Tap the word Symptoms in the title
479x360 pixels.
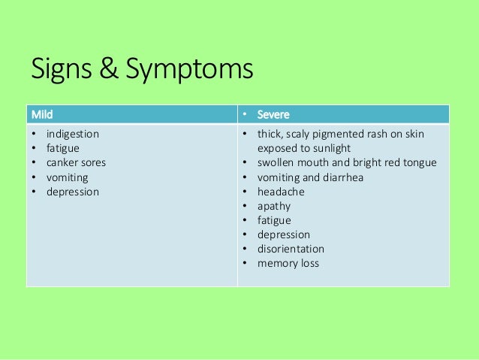coord(188,71)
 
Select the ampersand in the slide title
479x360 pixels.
coord(106,71)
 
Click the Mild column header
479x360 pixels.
coord(42,115)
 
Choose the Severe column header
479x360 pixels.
coord(274,115)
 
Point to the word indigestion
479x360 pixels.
coord(72,134)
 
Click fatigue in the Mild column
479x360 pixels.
coord(62,148)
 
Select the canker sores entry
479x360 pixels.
coord(76,162)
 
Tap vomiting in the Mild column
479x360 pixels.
coord(67,177)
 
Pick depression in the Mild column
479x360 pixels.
coord(72,192)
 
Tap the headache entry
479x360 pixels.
coord(281,192)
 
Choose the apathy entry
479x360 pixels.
coord(274,206)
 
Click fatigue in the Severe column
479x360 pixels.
coord(273,220)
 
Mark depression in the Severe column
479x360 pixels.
coord(283,234)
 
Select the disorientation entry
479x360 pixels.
coord(291,249)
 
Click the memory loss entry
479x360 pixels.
coord(288,264)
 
